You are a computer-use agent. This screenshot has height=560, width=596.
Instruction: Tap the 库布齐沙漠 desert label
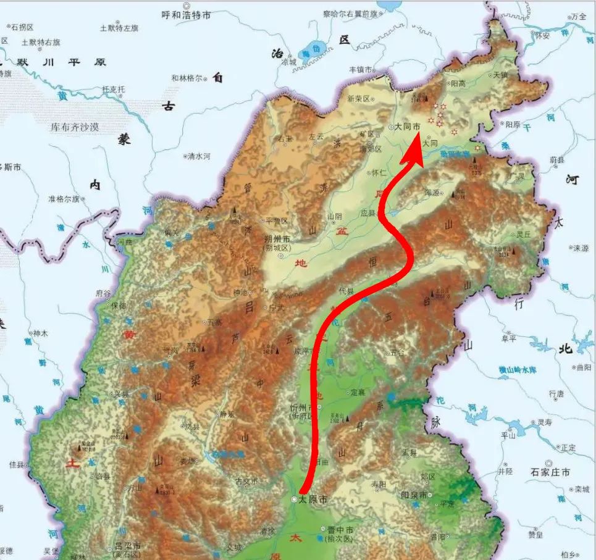pyautogui.click(x=75, y=127)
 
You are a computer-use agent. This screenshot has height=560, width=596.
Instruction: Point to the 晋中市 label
pyautogui.click(x=340, y=530)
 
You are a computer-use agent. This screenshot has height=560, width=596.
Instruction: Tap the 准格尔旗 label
pyautogui.click(x=64, y=199)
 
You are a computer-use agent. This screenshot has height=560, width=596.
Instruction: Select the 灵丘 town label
pyautogui.click(x=524, y=234)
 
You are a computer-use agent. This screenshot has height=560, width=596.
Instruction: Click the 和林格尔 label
pyautogui.click(x=187, y=78)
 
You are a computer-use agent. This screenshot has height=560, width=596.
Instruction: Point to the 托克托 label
pyautogui.click(x=113, y=90)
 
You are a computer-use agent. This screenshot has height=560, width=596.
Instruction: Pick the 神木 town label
pyautogui.click(x=40, y=333)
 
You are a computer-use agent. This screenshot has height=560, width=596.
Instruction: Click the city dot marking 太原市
pyautogui.click(x=295, y=499)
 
